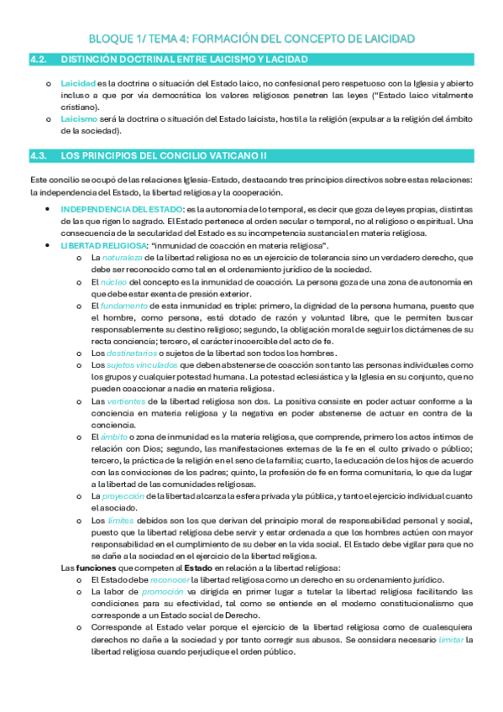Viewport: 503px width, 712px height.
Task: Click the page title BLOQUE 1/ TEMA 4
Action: point(251,39)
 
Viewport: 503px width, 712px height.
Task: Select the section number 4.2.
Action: point(38,60)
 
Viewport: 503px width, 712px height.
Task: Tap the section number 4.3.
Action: point(38,156)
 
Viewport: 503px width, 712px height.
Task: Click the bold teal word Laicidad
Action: point(78,84)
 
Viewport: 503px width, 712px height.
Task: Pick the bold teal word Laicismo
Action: point(78,120)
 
